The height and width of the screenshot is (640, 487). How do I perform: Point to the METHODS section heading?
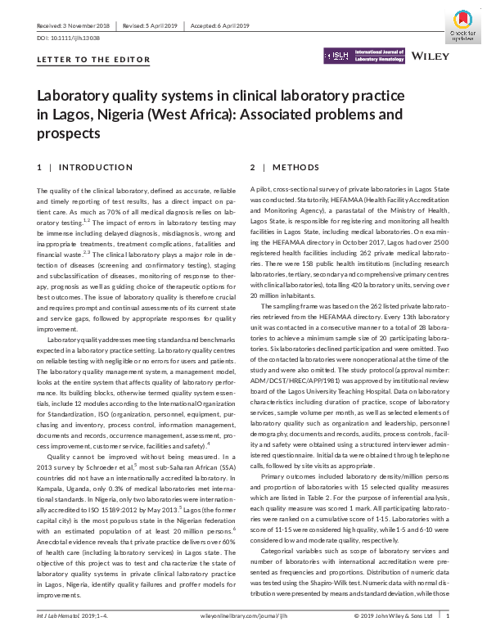pos(296,167)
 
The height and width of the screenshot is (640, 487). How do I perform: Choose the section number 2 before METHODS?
pos(253,167)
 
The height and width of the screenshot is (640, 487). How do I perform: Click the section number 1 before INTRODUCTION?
pos(39,167)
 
